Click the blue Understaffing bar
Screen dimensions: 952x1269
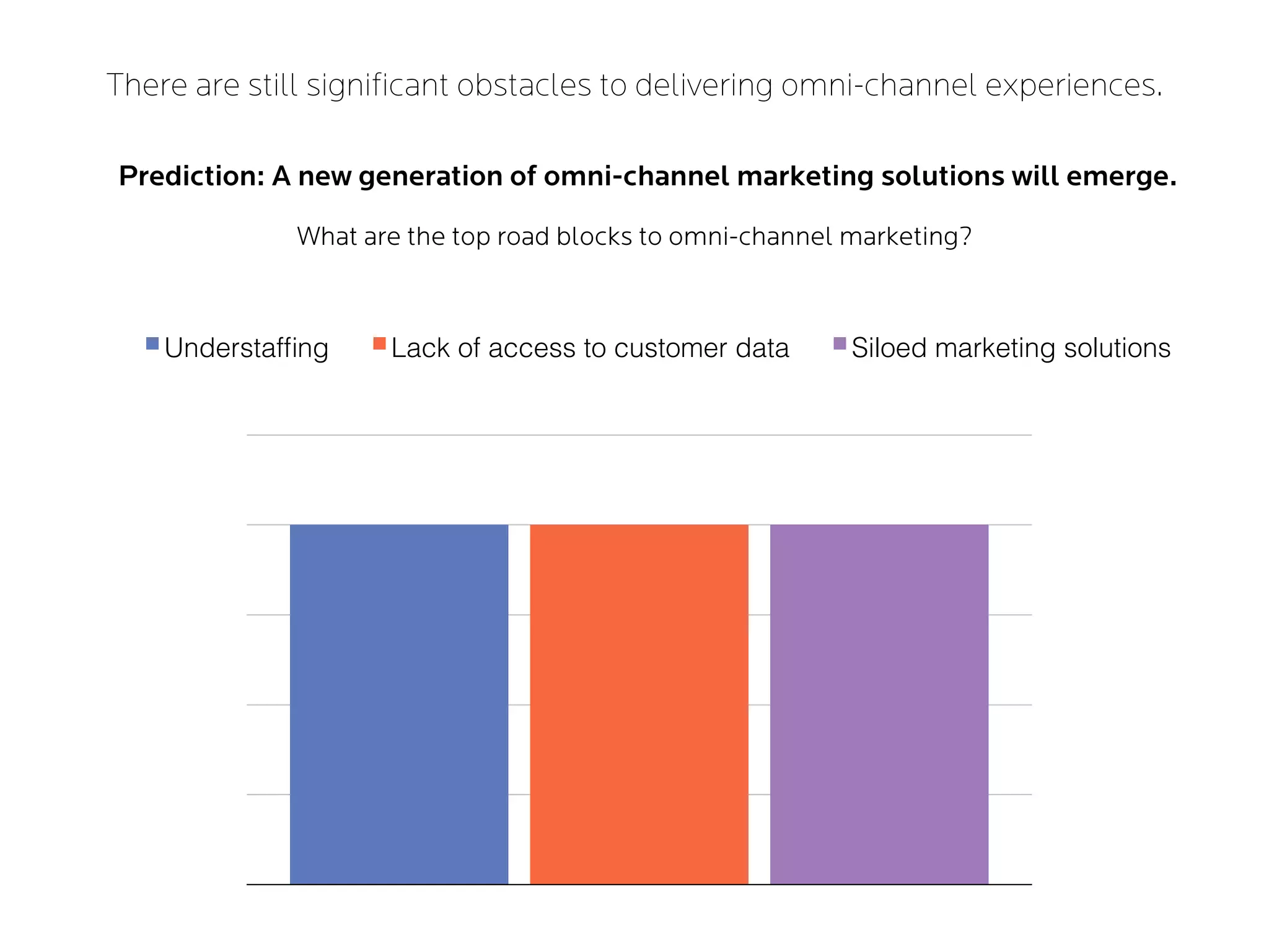pos(399,704)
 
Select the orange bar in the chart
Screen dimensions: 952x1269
pos(639,704)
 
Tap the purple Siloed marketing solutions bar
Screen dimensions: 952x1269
pos(879,704)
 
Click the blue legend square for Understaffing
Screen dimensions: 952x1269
pos(152,343)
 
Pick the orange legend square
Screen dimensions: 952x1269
pos(379,343)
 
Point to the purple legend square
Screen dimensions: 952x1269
pos(840,343)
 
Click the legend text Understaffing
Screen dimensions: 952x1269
pos(246,348)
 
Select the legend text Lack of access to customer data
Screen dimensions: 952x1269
pos(590,348)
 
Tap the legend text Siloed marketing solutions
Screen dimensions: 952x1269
pos(1011,348)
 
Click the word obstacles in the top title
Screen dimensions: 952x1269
pos(524,85)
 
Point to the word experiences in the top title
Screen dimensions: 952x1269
pos(1073,85)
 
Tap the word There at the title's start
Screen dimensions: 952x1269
pos(146,85)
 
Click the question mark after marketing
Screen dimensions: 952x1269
pos(965,236)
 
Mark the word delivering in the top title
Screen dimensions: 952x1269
pos(703,85)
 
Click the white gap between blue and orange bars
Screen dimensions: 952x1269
pos(519,704)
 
